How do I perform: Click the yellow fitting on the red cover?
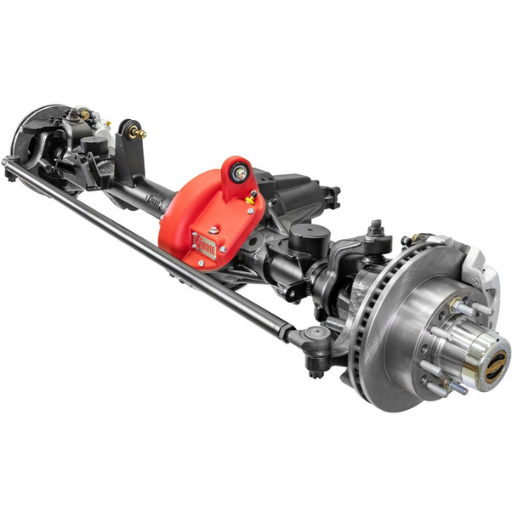pyautogui.click(x=251, y=199)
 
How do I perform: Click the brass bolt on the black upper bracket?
pyautogui.click(x=138, y=133)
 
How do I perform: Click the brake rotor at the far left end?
pyautogui.click(x=30, y=136)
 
